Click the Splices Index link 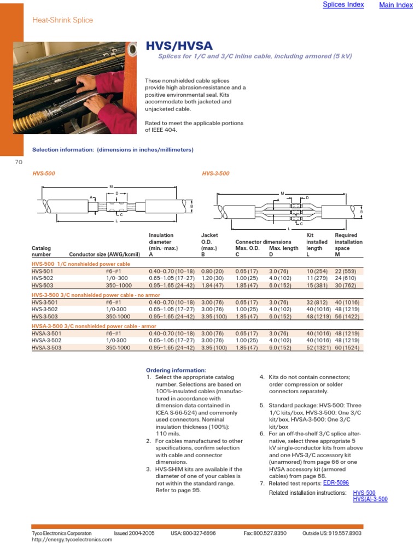pyautogui.click(x=343, y=5)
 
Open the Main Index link pyautogui.click(x=396, y=5)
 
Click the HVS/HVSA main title pyautogui.click(x=179, y=46)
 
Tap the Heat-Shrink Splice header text pyautogui.click(x=62, y=20)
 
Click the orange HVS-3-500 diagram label pyautogui.click(x=215, y=173)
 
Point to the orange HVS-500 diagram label pyautogui.click(x=44, y=173)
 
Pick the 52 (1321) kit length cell pyautogui.click(x=317, y=347)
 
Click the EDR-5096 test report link pyautogui.click(x=336, y=483)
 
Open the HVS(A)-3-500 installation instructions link pyautogui.click(x=370, y=499)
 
